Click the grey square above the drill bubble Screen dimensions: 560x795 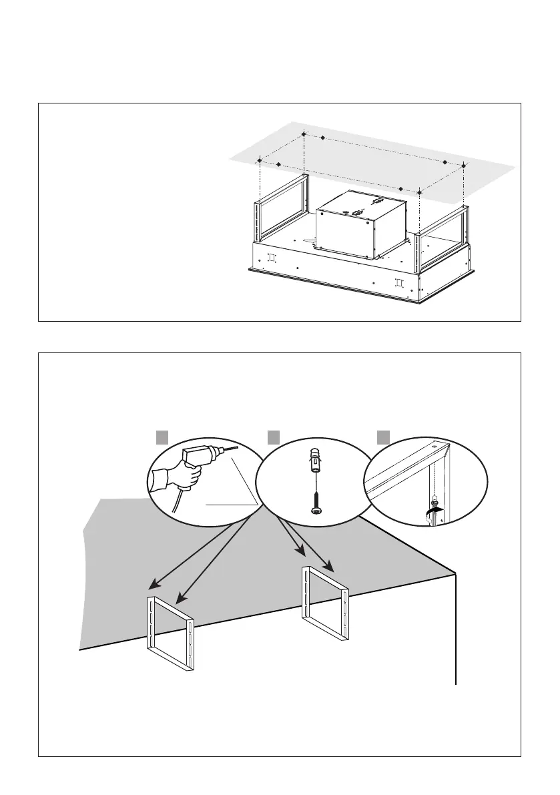coord(162,437)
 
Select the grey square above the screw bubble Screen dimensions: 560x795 coord(272,437)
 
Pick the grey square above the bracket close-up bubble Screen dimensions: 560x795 coord(382,437)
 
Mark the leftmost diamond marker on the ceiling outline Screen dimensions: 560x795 coord(259,160)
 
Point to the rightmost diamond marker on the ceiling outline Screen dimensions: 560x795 coord(464,164)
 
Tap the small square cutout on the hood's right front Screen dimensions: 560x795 coord(398,282)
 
